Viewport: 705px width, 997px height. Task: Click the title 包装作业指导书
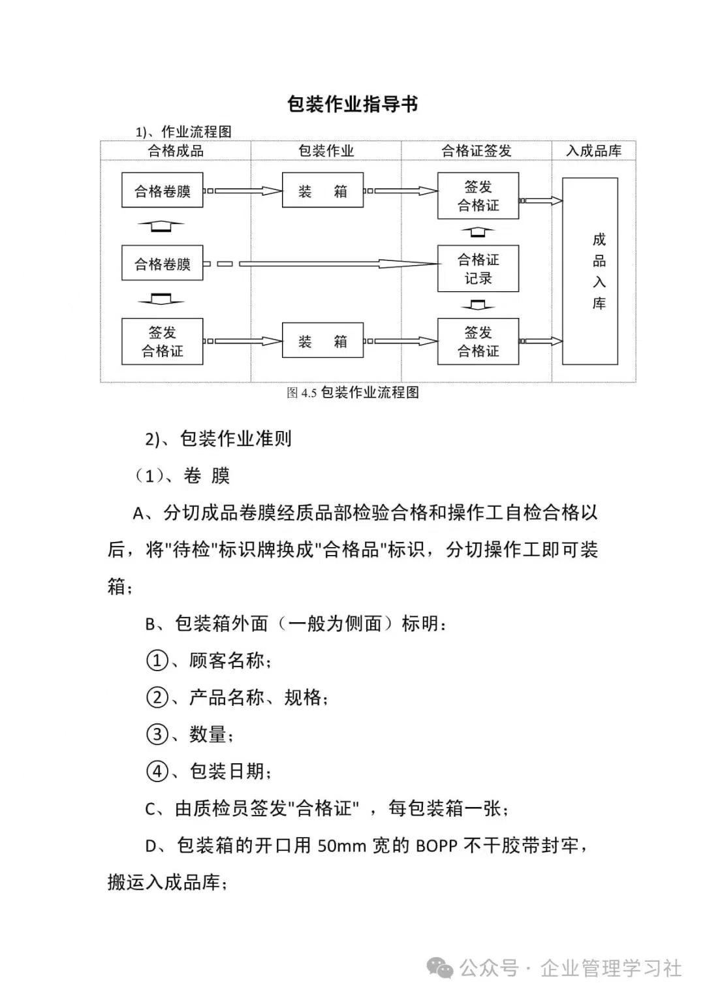tap(352, 104)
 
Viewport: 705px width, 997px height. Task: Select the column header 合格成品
tap(176, 150)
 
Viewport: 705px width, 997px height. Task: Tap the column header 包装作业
tap(326, 150)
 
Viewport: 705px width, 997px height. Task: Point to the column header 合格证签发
tap(477, 150)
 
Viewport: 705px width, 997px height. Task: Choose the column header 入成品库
tap(594, 150)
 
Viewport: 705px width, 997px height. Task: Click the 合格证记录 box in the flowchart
tap(478, 268)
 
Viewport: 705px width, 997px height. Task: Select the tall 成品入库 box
tap(590, 271)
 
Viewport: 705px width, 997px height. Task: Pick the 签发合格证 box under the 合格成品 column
tap(163, 341)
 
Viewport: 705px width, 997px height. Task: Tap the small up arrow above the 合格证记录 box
tap(478, 232)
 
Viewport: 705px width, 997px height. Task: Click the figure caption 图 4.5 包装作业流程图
tap(352, 392)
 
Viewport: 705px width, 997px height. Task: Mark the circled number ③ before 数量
tap(157, 734)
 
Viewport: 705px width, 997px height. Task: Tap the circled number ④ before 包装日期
tap(157, 771)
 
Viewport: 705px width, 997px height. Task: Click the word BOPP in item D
tap(437, 846)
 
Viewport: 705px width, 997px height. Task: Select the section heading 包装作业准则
tap(236, 439)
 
